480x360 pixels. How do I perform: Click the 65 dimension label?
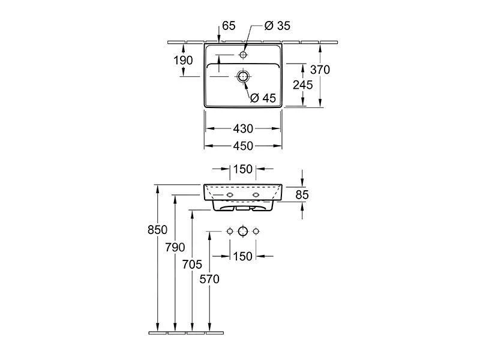coord(229,25)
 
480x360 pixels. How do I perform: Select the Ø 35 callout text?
coord(277,25)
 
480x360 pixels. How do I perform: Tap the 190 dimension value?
coord(184,60)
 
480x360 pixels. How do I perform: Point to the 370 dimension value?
coord(320,70)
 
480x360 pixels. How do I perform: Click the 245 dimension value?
coord(304,85)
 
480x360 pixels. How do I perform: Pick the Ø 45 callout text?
coord(264,98)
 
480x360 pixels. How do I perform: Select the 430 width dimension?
coord(243,128)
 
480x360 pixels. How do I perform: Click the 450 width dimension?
coord(243,145)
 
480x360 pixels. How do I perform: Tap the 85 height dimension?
coord(302,194)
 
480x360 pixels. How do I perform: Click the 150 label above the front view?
coord(242,169)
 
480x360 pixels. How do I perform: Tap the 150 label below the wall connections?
coord(243,256)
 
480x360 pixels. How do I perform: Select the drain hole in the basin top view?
coord(243,76)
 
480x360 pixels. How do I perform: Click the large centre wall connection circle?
coord(243,231)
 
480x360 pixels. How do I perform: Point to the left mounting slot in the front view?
coord(230,196)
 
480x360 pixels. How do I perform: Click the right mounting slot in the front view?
coord(256,196)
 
